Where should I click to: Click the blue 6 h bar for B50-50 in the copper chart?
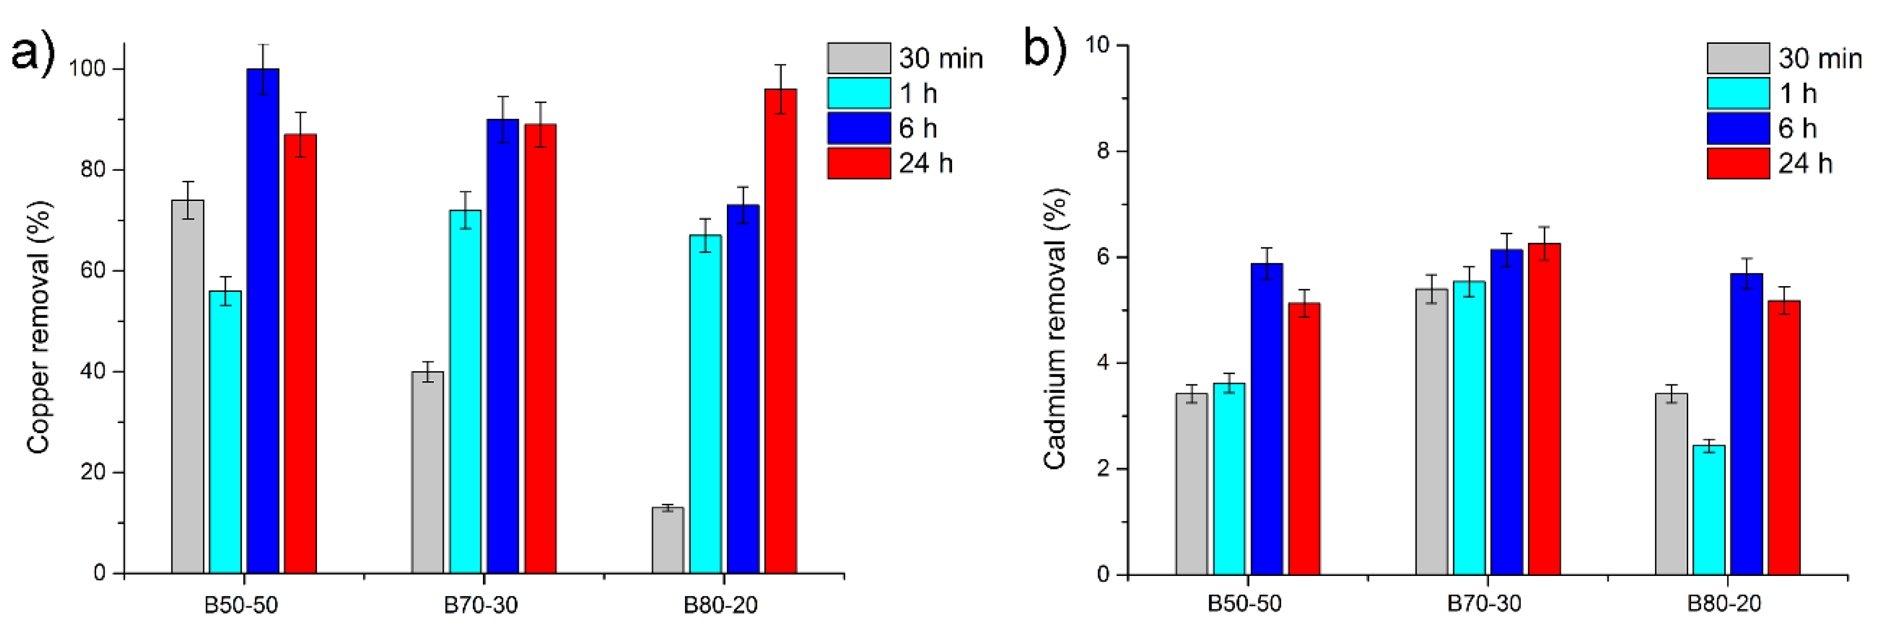(x=262, y=322)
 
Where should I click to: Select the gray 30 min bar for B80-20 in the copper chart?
(x=668, y=541)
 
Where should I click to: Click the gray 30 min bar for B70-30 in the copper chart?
(x=427, y=472)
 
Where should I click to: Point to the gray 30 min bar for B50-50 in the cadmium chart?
(x=1192, y=483)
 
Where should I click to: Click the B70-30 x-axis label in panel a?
(x=480, y=605)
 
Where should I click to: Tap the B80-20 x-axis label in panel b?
(x=1724, y=603)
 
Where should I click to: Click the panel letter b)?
(x=1045, y=48)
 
